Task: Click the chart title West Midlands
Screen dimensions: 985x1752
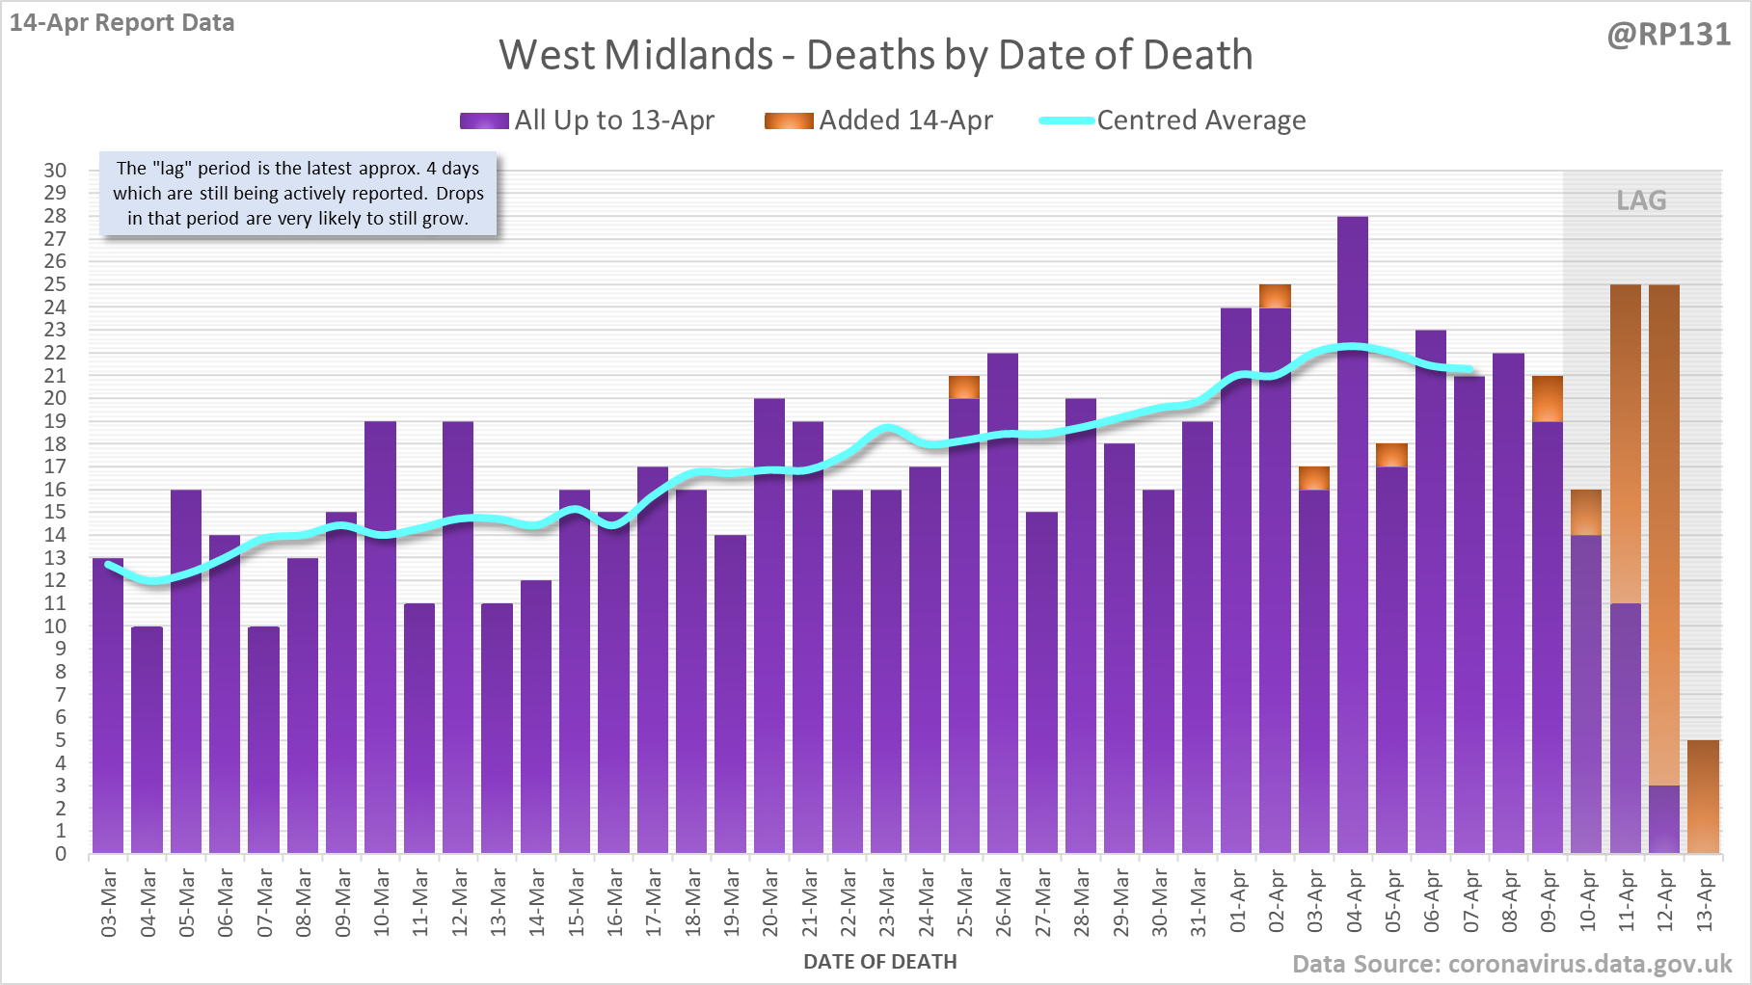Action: tap(876, 56)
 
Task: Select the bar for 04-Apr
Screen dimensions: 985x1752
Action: tap(1353, 535)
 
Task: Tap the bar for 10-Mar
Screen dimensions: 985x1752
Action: tap(380, 636)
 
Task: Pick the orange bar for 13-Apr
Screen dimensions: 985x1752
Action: tap(1703, 797)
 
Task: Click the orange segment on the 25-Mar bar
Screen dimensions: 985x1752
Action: tap(963, 387)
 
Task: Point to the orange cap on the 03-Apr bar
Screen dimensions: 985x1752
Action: tap(1313, 478)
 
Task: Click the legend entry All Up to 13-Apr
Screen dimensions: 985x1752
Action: tap(588, 120)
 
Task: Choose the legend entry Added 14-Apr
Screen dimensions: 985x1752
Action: tap(878, 120)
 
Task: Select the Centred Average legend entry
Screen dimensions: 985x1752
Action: tap(1172, 120)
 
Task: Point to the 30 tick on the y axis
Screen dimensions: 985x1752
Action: tap(55, 171)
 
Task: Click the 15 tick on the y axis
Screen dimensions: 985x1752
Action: tap(55, 512)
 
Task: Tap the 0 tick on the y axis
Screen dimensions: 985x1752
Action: tap(61, 854)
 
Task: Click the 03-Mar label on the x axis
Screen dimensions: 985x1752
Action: tap(109, 902)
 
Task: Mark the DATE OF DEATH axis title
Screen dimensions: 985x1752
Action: tap(879, 962)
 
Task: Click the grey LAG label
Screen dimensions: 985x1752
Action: tap(1641, 200)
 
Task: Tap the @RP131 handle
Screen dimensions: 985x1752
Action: tap(1668, 35)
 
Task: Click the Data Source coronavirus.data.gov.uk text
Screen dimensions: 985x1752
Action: tap(1512, 964)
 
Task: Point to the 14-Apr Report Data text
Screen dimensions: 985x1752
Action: tap(122, 23)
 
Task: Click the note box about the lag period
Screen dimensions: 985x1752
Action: tap(298, 194)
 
